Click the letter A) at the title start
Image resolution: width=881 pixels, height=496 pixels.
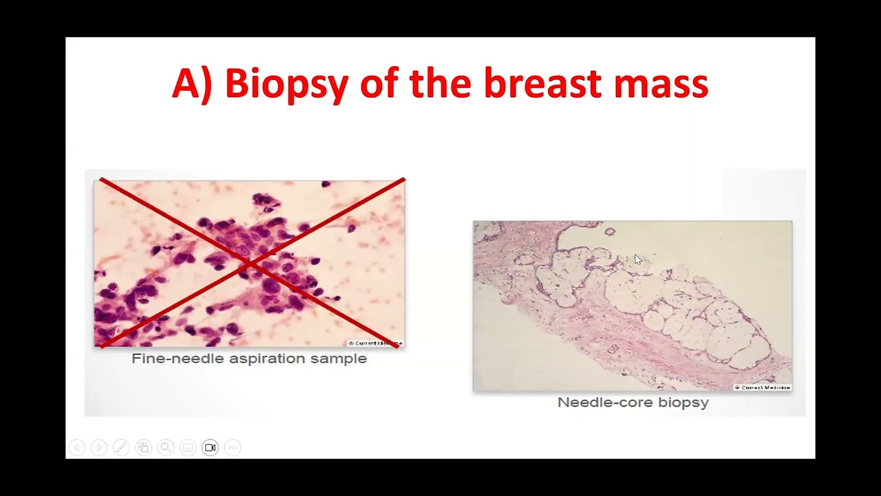[193, 85]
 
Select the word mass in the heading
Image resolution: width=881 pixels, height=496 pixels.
[661, 85]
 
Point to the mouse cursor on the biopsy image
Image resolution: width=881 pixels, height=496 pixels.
[637, 260]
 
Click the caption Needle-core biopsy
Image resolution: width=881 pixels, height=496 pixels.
[633, 402]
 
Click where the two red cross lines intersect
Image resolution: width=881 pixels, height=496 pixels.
[250, 263]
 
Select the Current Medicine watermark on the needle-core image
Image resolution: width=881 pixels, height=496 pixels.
[762, 387]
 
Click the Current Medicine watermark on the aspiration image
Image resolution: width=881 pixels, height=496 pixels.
[375, 342]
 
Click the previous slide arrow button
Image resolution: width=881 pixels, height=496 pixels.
[76, 448]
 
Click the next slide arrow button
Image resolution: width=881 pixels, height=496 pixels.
[98, 448]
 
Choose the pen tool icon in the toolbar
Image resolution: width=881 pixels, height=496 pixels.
[121, 448]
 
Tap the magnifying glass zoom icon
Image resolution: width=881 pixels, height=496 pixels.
[165, 448]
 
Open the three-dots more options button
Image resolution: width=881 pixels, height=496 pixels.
[233, 448]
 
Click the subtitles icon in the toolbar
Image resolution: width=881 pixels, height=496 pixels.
[188, 448]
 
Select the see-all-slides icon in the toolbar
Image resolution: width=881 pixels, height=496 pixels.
[143, 448]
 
